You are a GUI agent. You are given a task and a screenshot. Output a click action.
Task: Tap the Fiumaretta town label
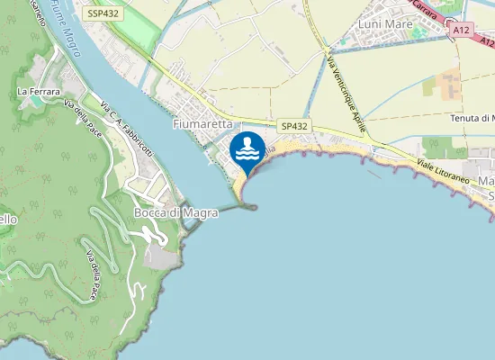(203, 123)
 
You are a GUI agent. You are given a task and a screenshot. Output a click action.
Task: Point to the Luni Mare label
(384, 24)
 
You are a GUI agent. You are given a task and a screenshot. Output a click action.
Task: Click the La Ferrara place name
(38, 91)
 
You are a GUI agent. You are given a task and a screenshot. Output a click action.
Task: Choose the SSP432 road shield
(103, 14)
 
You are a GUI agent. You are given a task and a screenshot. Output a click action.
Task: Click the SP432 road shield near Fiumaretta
(293, 127)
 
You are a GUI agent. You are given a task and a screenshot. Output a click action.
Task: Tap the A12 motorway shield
(462, 30)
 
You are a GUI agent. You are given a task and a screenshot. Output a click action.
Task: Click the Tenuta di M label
(472, 118)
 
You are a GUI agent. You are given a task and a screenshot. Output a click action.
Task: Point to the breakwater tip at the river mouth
(254, 207)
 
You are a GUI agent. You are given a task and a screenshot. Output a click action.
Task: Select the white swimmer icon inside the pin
(247, 146)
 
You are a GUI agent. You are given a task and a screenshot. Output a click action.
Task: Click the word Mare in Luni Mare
(398, 24)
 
